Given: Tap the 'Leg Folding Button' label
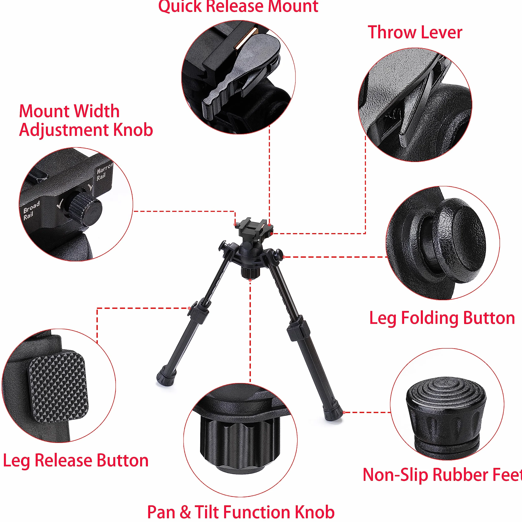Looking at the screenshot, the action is click(x=442, y=318).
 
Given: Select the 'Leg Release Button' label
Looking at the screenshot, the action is click(x=76, y=460).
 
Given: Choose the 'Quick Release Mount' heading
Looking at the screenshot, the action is click(x=238, y=6).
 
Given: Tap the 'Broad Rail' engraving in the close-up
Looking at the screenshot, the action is click(x=31, y=210).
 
